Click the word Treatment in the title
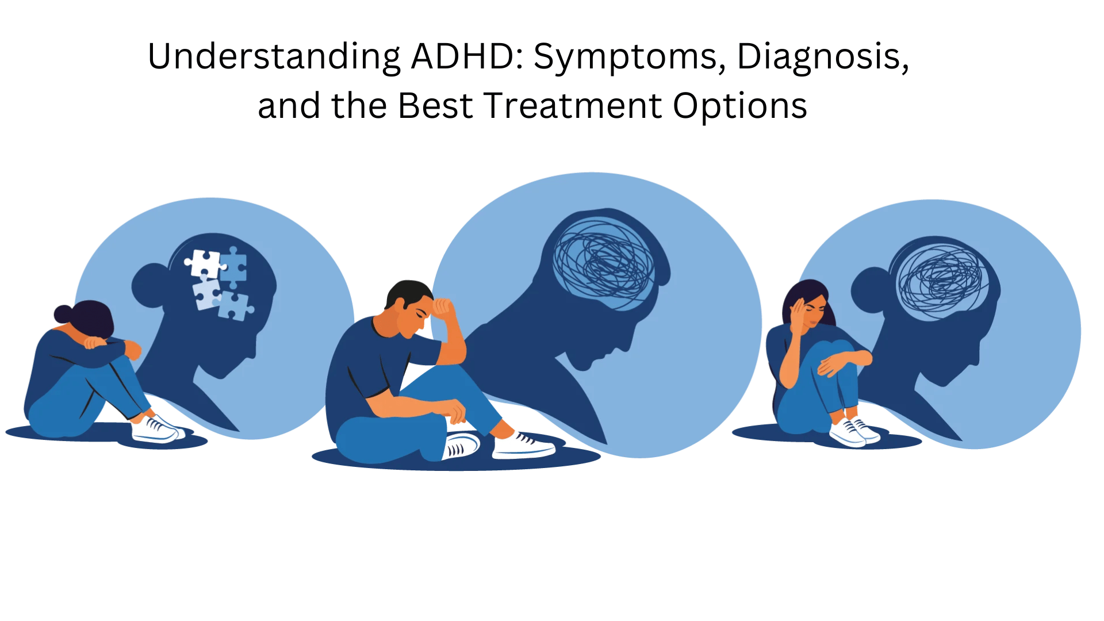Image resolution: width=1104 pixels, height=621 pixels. coord(573,106)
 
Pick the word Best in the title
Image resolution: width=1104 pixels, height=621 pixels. coord(435,106)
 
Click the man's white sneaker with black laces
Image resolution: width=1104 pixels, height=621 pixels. coord(523,446)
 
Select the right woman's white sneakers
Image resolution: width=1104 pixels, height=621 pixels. coord(854,432)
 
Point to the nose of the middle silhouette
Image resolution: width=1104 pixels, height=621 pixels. coord(627,346)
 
